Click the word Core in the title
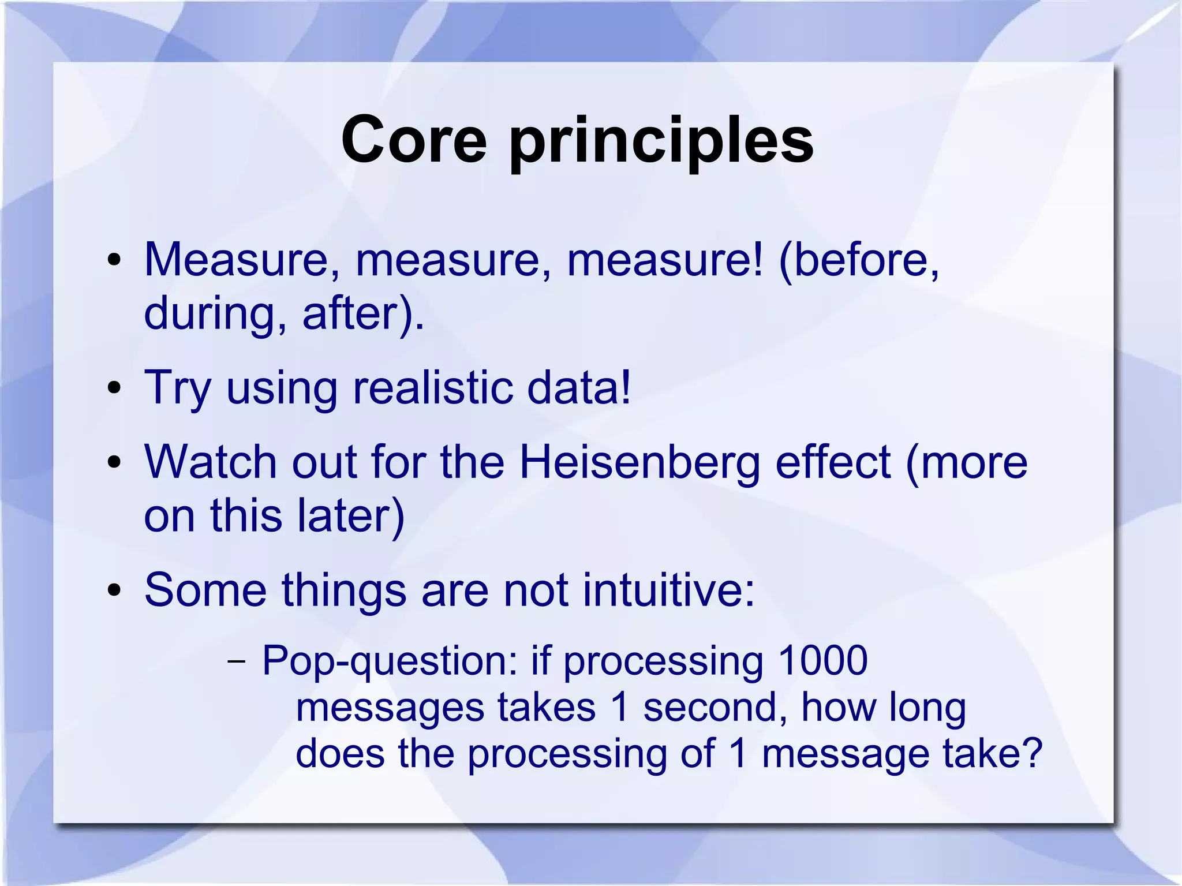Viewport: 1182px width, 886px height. [414, 140]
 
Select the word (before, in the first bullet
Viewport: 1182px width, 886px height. [859, 260]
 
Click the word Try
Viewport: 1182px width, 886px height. [178, 388]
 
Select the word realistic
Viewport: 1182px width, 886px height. [432, 387]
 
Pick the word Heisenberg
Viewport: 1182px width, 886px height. [639, 463]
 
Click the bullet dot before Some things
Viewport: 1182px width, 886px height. [114, 590]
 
